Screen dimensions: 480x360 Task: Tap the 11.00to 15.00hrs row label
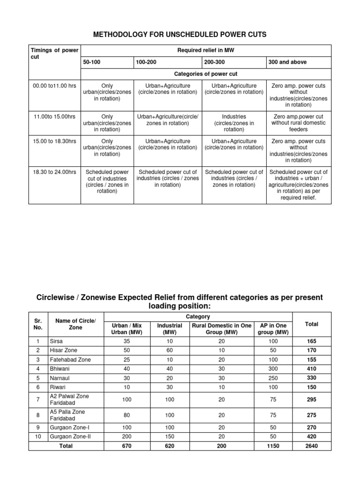click(54, 116)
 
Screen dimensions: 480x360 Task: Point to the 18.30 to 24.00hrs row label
click(54, 172)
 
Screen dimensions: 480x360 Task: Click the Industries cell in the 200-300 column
click(234, 123)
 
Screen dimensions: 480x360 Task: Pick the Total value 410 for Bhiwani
click(311, 369)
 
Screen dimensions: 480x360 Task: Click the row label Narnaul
click(59, 378)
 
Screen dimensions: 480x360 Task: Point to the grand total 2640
click(311, 446)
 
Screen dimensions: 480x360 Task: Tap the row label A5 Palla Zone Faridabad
click(68, 415)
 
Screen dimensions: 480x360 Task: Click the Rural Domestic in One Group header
click(221, 329)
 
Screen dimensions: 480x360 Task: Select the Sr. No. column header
click(38, 324)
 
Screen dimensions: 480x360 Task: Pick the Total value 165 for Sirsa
click(311, 341)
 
